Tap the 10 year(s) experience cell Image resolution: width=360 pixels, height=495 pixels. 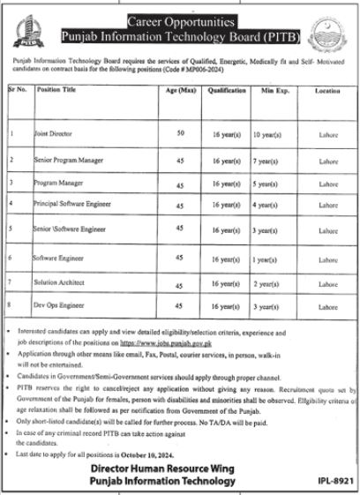(267, 137)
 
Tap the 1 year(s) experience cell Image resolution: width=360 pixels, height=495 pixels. (266, 261)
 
